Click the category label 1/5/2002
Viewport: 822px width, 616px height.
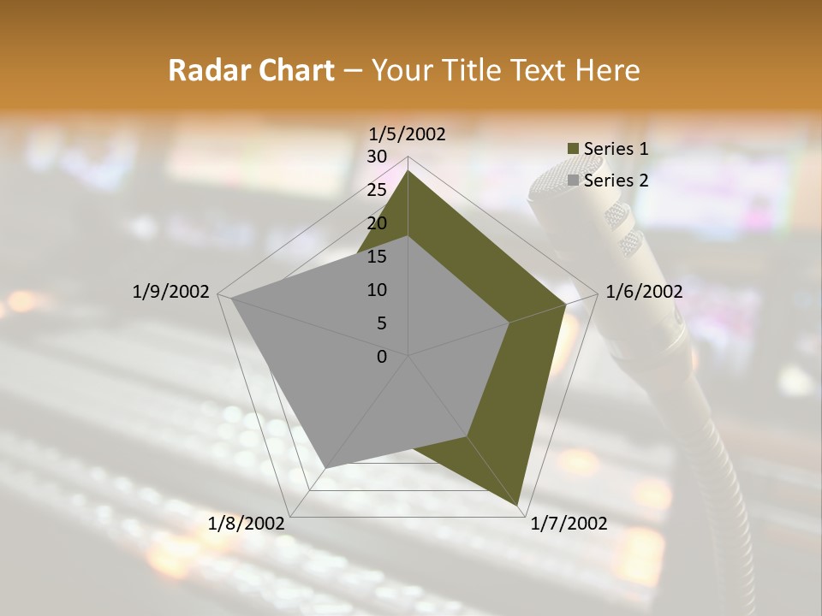click(407, 134)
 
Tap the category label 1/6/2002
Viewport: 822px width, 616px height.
click(644, 292)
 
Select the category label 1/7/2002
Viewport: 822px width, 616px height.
click(569, 524)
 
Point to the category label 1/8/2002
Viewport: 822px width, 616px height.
click(246, 524)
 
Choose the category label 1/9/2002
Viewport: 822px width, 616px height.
click(170, 292)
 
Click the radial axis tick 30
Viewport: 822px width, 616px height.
click(376, 157)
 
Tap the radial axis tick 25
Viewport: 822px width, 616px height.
click(376, 190)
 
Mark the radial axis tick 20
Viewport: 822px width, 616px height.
click(376, 223)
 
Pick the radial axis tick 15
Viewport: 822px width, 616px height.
click(376, 257)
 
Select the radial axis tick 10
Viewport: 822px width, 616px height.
click(376, 290)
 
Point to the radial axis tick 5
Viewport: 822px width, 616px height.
click(381, 323)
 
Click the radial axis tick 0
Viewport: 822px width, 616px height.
click(381, 357)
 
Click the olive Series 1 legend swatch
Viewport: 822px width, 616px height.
click(574, 149)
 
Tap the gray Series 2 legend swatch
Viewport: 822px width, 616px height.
click(574, 181)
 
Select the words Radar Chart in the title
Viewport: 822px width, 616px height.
click(251, 70)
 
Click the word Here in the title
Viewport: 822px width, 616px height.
click(607, 70)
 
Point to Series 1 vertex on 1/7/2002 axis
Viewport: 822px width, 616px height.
click(517, 505)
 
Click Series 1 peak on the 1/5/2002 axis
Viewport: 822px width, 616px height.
click(408, 171)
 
